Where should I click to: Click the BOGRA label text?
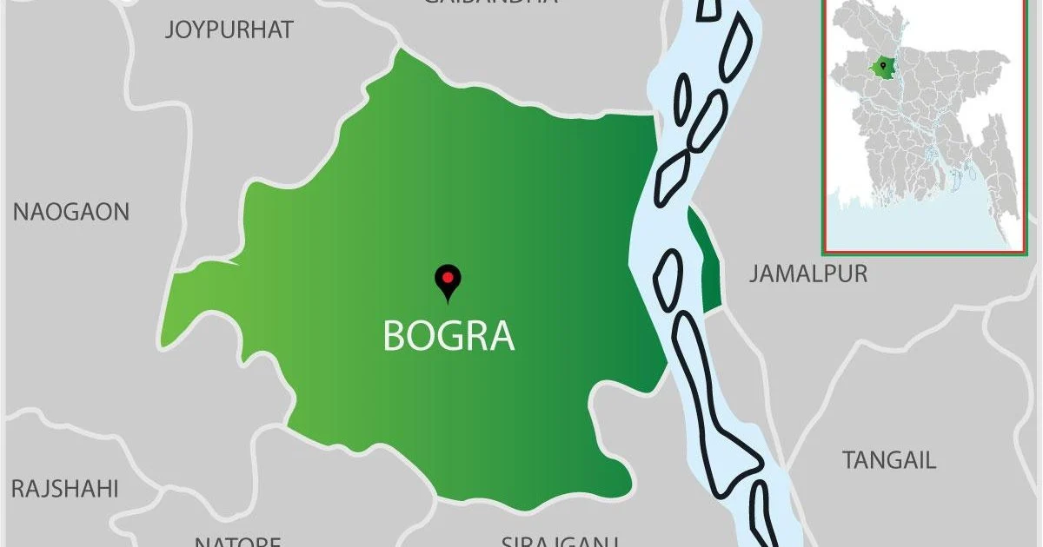(x=448, y=336)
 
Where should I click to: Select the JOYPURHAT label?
(x=229, y=30)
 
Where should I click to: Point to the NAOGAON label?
(x=71, y=212)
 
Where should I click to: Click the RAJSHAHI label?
(x=64, y=489)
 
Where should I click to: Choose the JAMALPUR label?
(x=808, y=274)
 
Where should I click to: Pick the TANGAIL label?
(x=889, y=460)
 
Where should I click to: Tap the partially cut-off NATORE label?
(x=237, y=541)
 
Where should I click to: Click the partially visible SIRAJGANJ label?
(x=559, y=541)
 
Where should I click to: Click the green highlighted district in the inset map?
(x=885, y=66)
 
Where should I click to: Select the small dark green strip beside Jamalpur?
(x=705, y=260)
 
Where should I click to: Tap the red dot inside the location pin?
(x=448, y=278)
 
